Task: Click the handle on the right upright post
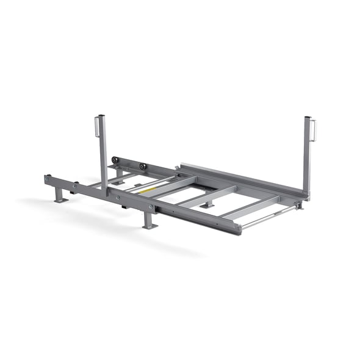[x=314, y=130]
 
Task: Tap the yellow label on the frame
[x=146, y=190]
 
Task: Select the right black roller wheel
[x=142, y=166]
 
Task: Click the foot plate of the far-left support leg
[x=59, y=200]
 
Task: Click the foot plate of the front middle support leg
[x=149, y=226]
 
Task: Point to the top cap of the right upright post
[x=308, y=118]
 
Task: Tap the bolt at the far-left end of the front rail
[x=48, y=178]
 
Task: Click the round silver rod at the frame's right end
[x=268, y=217]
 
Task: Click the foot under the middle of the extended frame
[x=208, y=206]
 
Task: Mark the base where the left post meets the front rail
[x=106, y=192]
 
